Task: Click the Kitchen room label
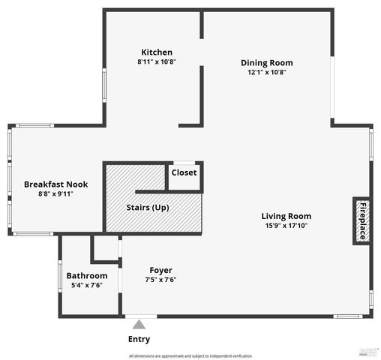pyautogui.click(x=156, y=52)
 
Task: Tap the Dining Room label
pyautogui.click(x=266, y=62)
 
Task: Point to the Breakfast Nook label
pyautogui.click(x=55, y=184)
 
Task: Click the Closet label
pyautogui.click(x=184, y=172)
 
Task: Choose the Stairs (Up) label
pyautogui.click(x=146, y=207)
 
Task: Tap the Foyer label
pyautogui.click(x=160, y=270)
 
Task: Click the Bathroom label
pyautogui.click(x=87, y=275)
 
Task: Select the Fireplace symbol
pyautogui.click(x=361, y=221)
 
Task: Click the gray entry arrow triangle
pyautogui.click(x=139, y=325)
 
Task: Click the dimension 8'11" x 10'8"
pyautogui.click(x=156, y=61)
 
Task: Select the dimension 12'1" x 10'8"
pyautogui.click(x=266, y=72)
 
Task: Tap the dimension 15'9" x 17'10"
pyautogui.click(x=286, y=225)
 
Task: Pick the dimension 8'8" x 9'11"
pyautogui.click(x=55, y=193)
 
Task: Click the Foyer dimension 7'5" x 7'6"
pyautogui.click(x=160, y=280)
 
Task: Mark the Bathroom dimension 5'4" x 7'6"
pyautogui.click(x=87, y=285)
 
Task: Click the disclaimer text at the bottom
pyautogui.click(x=190, y=355)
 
